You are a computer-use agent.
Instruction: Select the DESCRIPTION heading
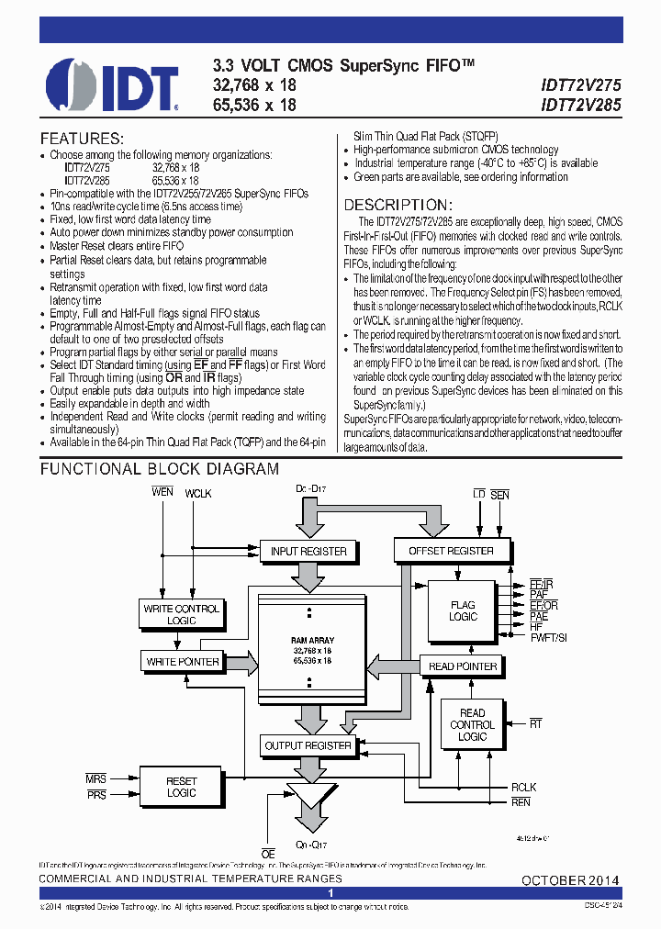click(x=397, y=205)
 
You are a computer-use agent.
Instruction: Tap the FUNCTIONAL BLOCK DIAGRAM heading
click(x=159, y=469)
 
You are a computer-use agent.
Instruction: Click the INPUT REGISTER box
click(x=308, y=551)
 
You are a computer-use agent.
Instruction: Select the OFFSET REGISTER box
click(x=443, y=551)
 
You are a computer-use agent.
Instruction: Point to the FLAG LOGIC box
click(x=463, y=611)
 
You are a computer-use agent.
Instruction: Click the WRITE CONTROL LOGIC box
click(x=182, y=614)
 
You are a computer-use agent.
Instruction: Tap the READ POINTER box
click(x=463, y=666)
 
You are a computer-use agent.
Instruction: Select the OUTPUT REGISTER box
click(x=308, y=745)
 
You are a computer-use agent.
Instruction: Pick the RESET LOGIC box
click(x=181, y=787)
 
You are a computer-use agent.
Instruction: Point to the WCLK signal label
click(x=198, y=494)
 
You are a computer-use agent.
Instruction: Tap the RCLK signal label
click(x=524, y=787)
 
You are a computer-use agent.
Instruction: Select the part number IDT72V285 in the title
click(x=579, y=105)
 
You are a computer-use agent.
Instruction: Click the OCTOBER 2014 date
click(x=570, y=880)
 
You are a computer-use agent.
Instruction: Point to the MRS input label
click(x=96, y=779)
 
